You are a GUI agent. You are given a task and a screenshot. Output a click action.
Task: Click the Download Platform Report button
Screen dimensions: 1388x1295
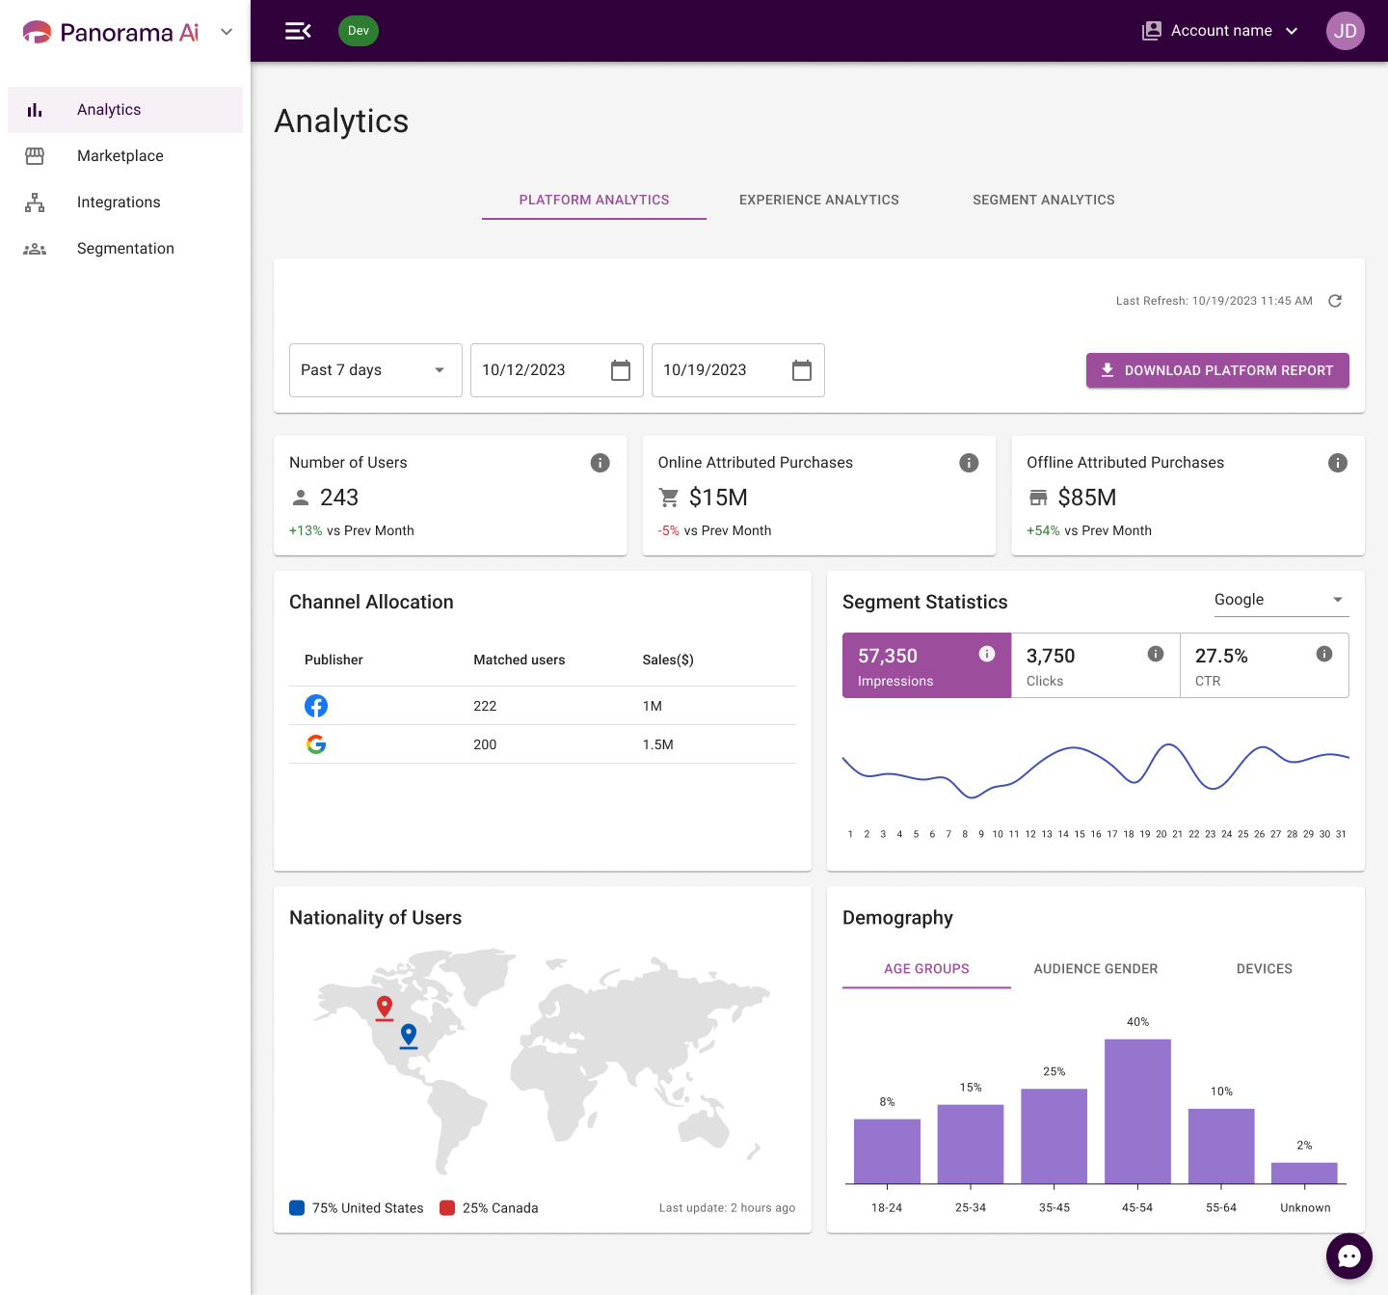coord(1216,370)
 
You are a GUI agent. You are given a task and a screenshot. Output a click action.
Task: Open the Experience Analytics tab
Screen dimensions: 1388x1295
coord(818,200)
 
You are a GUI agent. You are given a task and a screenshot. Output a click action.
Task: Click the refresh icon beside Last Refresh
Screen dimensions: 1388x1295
coord(1334,301)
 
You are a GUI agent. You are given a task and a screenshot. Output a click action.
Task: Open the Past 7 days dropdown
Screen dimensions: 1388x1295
coord(375,370)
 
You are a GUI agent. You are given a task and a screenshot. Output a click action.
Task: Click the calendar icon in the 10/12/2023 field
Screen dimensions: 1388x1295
coord(620,370)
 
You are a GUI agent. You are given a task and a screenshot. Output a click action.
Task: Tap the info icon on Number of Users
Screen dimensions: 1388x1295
coord(600,462)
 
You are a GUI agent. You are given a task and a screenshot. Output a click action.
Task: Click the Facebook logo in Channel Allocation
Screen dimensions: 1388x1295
coord(316,706)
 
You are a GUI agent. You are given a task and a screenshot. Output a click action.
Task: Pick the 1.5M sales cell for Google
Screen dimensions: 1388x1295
coord(657,744)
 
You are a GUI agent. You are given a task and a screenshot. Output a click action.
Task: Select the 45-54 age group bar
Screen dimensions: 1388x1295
coord(1137,1111)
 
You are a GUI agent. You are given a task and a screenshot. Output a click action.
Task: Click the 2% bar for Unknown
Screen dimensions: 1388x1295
coord(1304,1173)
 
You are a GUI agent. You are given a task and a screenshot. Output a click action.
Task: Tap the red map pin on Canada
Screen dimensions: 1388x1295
coord(385,1007)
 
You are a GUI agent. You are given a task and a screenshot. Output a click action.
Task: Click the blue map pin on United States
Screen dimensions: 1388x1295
coord(408,1035)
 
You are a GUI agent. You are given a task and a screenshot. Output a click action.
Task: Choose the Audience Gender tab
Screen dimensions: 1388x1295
coord(1095,968)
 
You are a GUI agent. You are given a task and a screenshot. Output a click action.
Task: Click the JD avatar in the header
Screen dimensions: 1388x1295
coord(1345,31)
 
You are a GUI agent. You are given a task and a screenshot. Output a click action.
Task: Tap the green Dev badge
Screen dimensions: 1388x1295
coord(359,31)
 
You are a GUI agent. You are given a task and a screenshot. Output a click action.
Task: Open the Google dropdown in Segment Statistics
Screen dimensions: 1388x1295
coord(1281,600)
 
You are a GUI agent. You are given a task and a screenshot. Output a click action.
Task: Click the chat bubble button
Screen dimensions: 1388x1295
coord(1348,1255)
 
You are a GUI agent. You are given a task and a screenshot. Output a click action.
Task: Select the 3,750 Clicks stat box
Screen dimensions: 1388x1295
coord(1094,665)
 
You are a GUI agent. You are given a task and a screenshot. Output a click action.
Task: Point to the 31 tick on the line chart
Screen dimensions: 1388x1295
coord(1341,833)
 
